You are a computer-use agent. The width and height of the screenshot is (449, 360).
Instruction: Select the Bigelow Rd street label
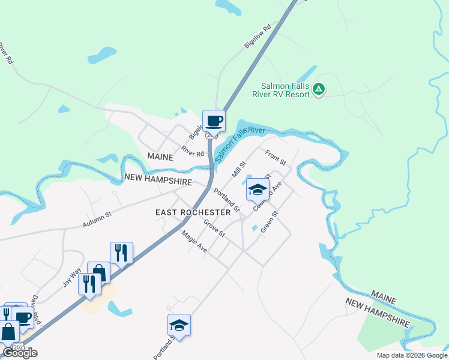[x=258, y=37]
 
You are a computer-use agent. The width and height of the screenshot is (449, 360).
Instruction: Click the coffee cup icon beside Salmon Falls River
[x=214, y=121]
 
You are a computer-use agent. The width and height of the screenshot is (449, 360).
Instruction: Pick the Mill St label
[x=240, y=169]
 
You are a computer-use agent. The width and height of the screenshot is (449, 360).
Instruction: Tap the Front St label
[x=276, y=158]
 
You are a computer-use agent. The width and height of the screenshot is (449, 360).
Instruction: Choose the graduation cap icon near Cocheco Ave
[x=258, y=190]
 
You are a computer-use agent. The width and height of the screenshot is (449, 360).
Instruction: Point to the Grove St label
[x=214, y=227]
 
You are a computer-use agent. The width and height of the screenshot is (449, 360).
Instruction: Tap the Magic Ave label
[x=194, y=242]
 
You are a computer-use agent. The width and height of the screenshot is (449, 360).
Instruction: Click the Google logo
[x=20, y=353]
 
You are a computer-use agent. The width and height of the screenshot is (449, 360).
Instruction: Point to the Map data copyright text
[x=412, y=355]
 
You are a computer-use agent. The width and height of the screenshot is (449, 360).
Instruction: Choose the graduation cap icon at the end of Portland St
[x=179, y=325]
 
